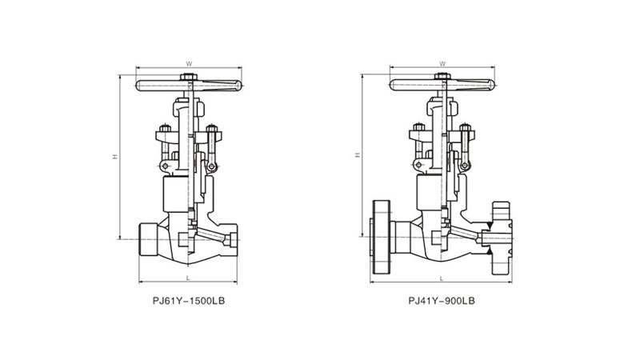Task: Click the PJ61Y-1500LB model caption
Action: click(189, 301)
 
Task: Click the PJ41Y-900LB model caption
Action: click(442, 301)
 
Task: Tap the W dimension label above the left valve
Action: click(189, 64)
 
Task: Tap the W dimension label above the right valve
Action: click(442, 64)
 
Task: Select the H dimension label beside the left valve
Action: click(115, 156)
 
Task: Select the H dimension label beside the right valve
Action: click(358, 154)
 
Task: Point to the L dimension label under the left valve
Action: click(188, 278)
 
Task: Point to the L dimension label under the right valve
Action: click(442, 278)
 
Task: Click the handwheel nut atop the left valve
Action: click(189, 77)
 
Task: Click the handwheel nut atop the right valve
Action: click(442, 76)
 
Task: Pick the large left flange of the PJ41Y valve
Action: click(382, 237)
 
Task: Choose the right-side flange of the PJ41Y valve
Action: click(502, 238)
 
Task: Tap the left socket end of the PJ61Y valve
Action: click(149, 239)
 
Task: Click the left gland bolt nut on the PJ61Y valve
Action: click(165, 129)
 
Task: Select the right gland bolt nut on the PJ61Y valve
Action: click(212, 129)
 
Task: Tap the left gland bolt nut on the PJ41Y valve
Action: click(418, 127)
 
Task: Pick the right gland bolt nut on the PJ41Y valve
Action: click(466, 127)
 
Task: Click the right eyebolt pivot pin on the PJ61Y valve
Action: click(211, 166)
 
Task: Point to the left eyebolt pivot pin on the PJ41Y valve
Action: click(418, 165)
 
